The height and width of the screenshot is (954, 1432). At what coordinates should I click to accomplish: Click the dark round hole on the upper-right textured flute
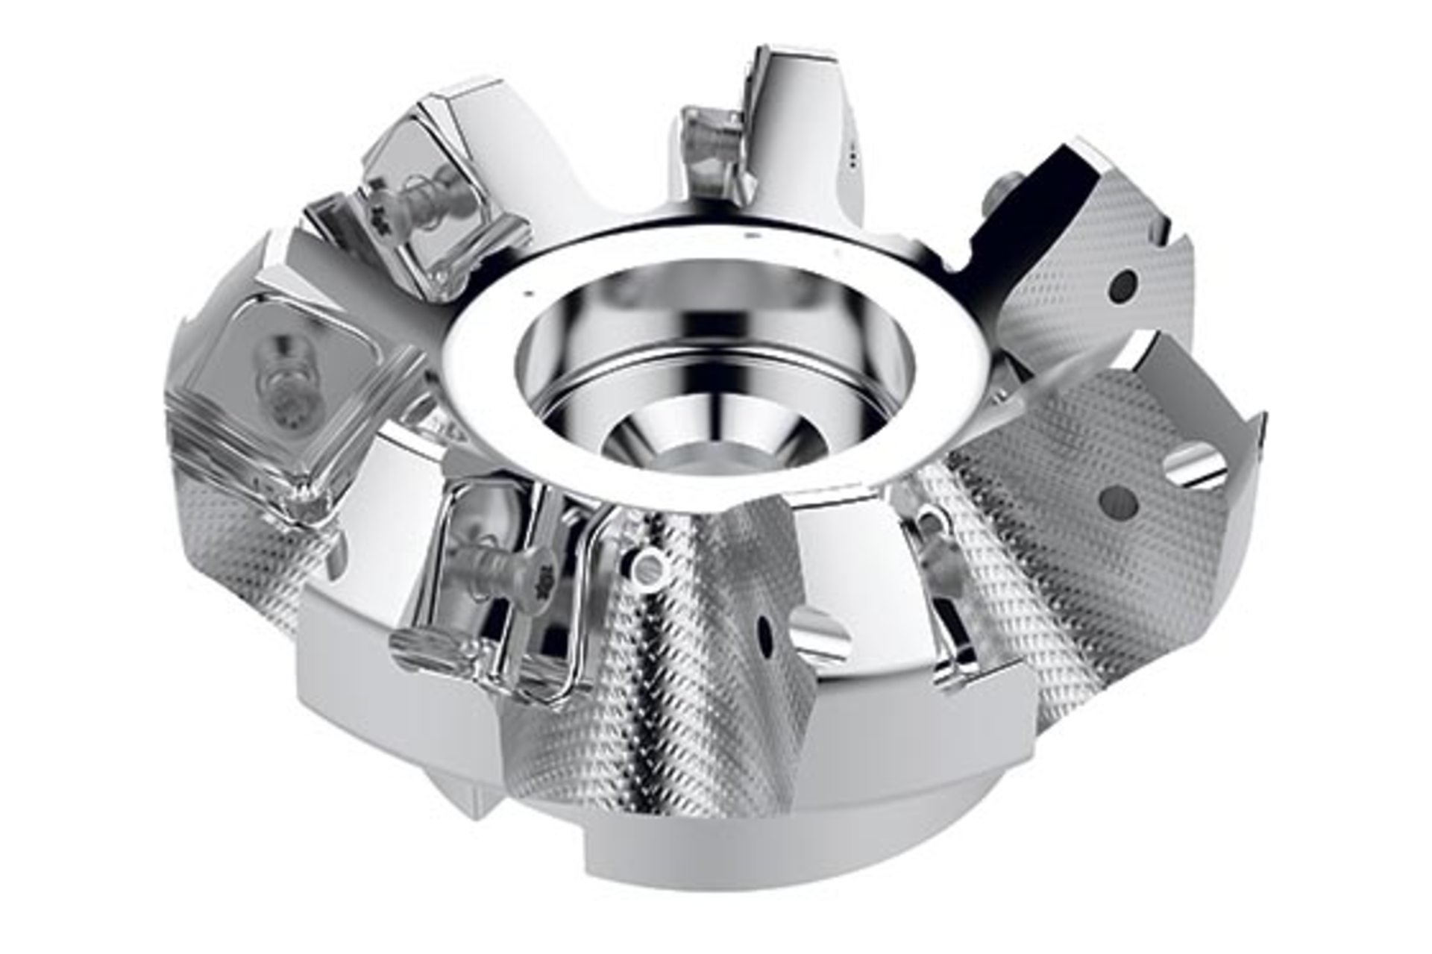pos(1123,286)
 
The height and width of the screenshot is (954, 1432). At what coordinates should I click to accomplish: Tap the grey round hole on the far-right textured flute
pos(1119,504)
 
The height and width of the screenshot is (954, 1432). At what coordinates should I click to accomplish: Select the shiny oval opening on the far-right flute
pos(1195,467)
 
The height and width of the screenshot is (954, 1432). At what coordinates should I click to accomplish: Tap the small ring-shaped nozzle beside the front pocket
pos(648,568)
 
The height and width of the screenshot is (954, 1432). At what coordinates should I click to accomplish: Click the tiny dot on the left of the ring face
pos(527,294)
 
